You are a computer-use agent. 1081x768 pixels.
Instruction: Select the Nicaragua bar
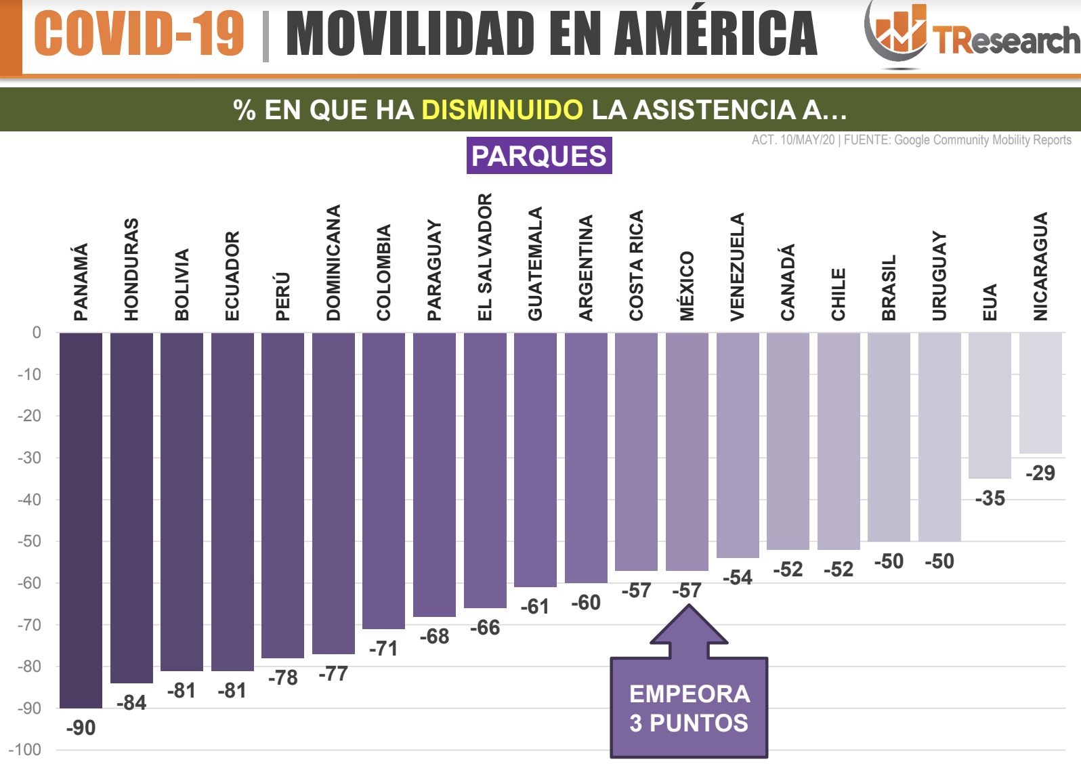tap(1040, 393)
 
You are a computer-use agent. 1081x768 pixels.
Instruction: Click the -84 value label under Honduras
tap(131, 703)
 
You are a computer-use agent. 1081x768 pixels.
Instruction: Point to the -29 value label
tap(1040, 473)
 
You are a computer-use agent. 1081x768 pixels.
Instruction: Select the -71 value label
tap(383, 649)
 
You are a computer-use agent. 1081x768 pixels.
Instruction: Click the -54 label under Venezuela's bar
tap(737, 578)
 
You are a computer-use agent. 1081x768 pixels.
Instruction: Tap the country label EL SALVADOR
tap(485, 257)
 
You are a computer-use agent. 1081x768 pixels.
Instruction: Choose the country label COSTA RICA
tap(636, 265)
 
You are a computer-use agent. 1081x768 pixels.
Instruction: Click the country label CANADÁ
tap(788, 282)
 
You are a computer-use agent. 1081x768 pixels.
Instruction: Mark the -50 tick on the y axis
tap(29, 541)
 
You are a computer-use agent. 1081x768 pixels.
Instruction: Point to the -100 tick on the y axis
tap(26, 750)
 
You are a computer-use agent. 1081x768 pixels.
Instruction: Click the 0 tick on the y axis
tap(37, 333)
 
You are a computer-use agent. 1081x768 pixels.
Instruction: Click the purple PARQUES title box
tap(539, 156)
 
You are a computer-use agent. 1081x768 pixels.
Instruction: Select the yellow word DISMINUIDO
tap(502, 110)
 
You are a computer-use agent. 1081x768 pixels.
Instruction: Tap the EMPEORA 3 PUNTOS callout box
tap(689, 708)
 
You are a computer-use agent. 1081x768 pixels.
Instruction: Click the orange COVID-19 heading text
tap(139, 34)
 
